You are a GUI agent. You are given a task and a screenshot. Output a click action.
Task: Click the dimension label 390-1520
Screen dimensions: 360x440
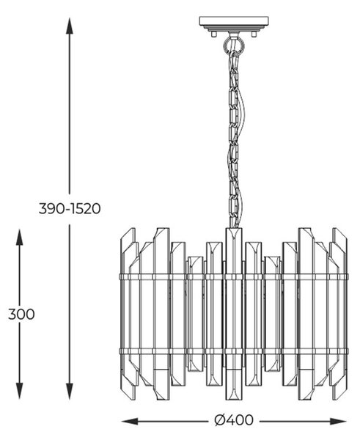[70, 209]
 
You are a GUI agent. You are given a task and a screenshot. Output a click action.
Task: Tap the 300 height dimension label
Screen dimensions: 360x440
[21, 314]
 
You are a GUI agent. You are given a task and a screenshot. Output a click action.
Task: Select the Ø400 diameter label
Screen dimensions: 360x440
[233, 420]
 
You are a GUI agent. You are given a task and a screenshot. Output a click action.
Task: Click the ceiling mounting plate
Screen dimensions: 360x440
[234, 22]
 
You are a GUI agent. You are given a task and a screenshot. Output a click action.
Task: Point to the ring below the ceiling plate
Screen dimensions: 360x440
[234, 45]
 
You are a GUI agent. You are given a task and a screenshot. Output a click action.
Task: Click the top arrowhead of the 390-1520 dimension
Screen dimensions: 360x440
[70, 26]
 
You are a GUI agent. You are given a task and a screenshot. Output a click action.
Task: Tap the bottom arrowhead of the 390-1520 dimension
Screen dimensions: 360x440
[70, 391]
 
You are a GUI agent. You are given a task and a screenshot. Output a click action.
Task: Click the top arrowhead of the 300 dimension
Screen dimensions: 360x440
[19, 238]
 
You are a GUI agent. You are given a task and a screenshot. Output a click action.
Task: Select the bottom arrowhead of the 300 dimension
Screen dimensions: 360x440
[19, 391]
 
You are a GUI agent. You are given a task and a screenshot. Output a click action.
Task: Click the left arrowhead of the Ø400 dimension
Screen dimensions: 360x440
[130, 421]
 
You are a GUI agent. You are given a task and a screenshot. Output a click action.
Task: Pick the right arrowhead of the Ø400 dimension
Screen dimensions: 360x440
[339, 421]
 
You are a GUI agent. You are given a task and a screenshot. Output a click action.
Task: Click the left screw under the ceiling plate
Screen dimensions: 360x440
[214, 34]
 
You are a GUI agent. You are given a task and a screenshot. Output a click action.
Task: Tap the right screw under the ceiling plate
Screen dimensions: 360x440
[254, 34]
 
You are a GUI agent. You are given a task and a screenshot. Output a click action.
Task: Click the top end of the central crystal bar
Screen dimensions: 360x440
[234, 228]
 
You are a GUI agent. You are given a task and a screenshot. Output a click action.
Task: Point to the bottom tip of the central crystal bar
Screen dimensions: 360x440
[234, 400]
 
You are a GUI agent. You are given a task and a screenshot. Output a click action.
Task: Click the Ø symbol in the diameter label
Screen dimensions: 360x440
[221, 420]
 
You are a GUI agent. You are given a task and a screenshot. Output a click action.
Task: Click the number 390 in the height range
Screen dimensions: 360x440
[51, 209]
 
